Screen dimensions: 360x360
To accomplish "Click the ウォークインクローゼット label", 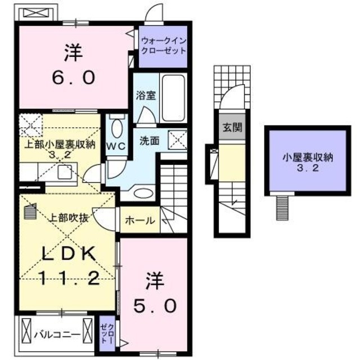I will [163, 46].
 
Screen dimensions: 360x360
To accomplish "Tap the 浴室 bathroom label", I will [146, 95].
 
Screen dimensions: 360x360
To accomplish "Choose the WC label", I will [116, 145].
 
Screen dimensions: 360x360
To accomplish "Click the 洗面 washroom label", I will [149, 140].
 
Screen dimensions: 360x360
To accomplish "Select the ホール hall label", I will [139, 220].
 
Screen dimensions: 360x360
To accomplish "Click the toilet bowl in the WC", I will [116, 129].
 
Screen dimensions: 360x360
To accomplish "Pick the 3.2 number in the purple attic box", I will [308, 169].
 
